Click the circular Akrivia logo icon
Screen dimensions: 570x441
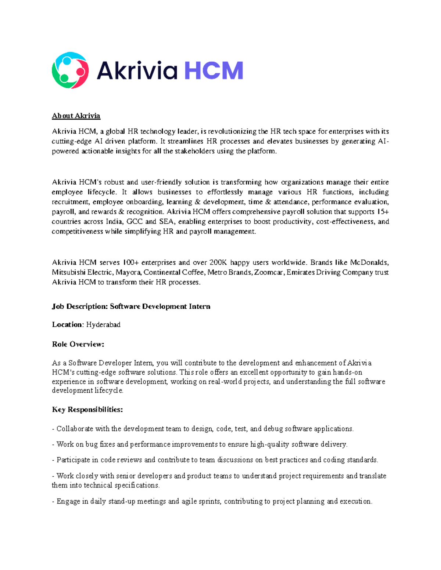(70, 70)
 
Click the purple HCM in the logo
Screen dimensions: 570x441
(214, 70)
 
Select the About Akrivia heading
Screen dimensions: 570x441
(76, 116)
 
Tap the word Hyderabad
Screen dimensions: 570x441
(103, 325)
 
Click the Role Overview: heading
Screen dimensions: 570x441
(78, 344)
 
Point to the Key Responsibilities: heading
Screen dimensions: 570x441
(87, 410)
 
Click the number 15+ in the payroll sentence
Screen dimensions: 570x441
(383, 212)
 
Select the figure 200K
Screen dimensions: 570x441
(218, 262)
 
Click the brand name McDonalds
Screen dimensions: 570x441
(369, 262)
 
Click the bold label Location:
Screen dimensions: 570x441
(68, 325)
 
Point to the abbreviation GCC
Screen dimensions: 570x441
(135, 222)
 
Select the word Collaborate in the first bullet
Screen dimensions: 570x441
(75, 429)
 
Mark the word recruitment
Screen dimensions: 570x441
(70, 202)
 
